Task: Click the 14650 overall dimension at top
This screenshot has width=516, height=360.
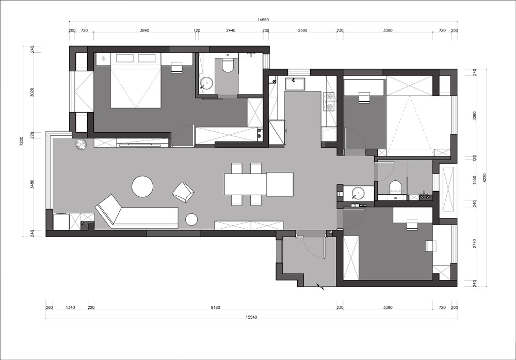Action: point(263,20)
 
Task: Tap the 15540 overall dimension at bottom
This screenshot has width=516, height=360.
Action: point(251,317)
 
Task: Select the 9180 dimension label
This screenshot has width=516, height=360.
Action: point(215,308)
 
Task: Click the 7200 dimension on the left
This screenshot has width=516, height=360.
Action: point(21,140)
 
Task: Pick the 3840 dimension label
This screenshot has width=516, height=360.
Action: point(144,30)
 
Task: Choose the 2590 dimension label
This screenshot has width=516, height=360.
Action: point(302,30)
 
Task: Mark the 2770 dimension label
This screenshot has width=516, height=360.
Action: point(474,244)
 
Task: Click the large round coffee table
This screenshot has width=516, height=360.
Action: point(142,186)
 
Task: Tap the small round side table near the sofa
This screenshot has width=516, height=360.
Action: point(191,220)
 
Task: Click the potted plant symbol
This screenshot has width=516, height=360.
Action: point(80,144)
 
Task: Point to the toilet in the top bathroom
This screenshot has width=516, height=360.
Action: point(227,65)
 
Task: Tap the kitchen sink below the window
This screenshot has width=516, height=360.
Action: point(295,84)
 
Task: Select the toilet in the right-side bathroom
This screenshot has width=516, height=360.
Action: point(395,186)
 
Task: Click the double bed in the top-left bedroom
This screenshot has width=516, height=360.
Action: point(136,81)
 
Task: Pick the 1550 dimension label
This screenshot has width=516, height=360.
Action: point(474,180)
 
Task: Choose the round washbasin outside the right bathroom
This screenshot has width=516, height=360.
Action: point(358,193)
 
